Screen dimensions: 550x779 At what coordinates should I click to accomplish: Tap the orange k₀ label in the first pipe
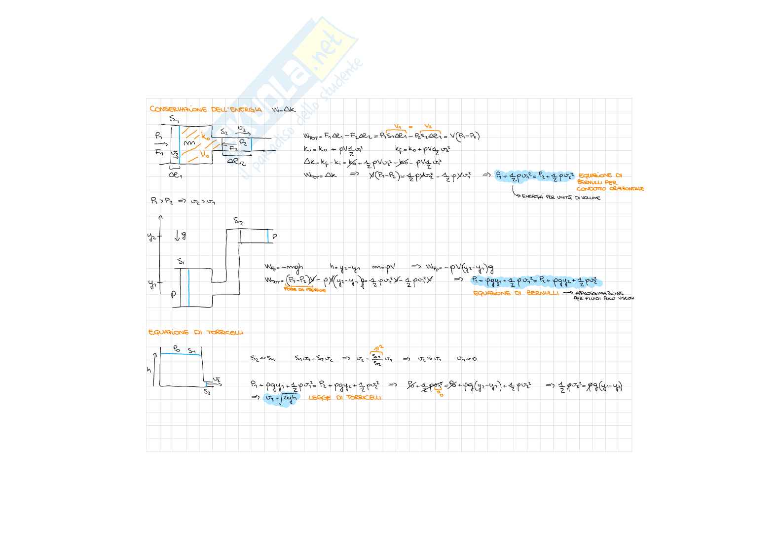tap(206, 137)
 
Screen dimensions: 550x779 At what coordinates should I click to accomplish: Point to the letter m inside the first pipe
tap(190, 143)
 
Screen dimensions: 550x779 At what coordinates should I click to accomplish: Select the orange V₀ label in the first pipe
tap(204, 154)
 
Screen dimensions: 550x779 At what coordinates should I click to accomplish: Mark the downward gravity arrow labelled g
tap(180, 236)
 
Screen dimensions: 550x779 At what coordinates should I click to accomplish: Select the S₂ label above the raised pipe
tap(238, 221)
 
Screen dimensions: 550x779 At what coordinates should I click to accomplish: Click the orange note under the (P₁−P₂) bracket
tap(305, 290)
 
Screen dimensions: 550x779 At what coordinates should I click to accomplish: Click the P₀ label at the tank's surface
tap(176, 349)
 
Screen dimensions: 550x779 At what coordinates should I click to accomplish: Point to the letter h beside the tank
tap(149, 370)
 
